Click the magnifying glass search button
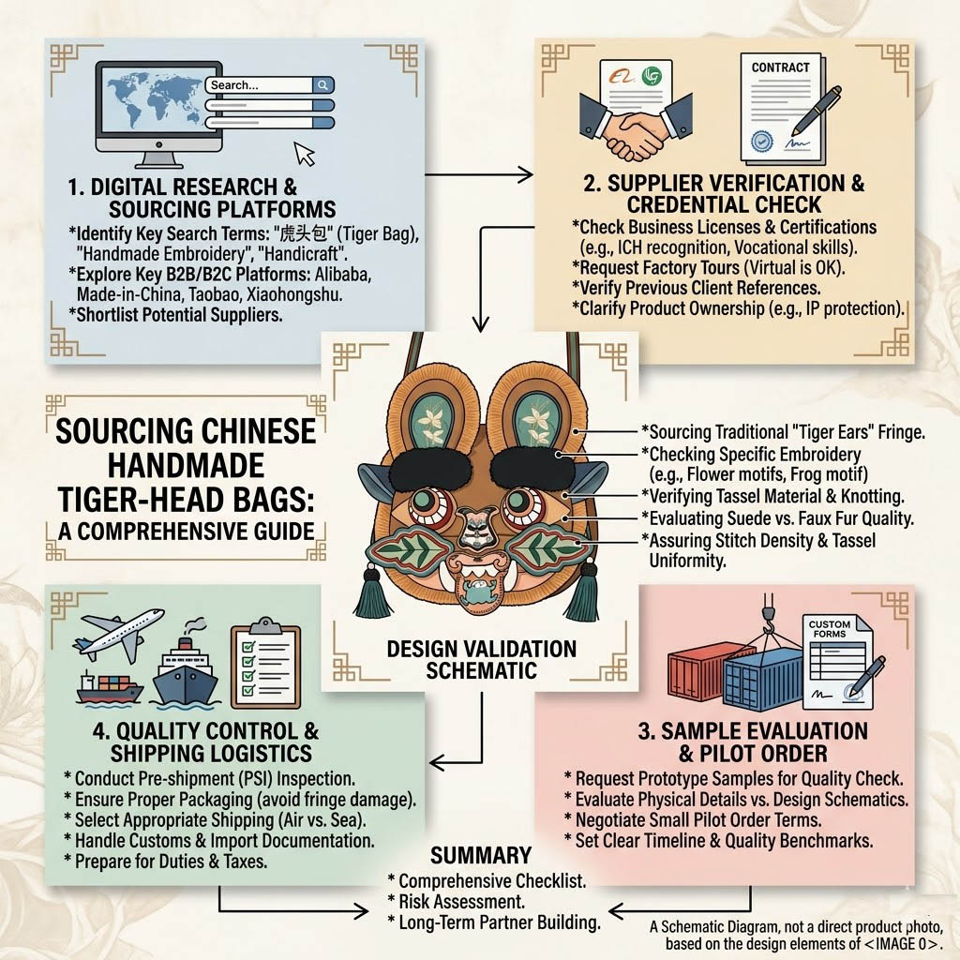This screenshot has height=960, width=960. tap(322, 85)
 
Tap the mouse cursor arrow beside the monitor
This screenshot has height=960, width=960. tap(305, 154)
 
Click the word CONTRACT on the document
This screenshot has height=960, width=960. tap(781, 67)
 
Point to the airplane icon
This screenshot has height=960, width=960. tap(119, 634)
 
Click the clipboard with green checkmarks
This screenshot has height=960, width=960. tap(265, 663)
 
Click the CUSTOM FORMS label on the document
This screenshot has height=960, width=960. tap(830, 629)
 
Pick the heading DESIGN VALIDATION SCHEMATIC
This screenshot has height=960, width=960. tap(481, 659)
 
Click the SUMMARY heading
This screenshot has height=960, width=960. tap(481, 855)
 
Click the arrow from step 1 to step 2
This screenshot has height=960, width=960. tap(479, 174)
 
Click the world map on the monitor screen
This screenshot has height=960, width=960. tap(155, 98)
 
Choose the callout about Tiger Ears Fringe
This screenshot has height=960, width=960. tap(783, 432)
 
